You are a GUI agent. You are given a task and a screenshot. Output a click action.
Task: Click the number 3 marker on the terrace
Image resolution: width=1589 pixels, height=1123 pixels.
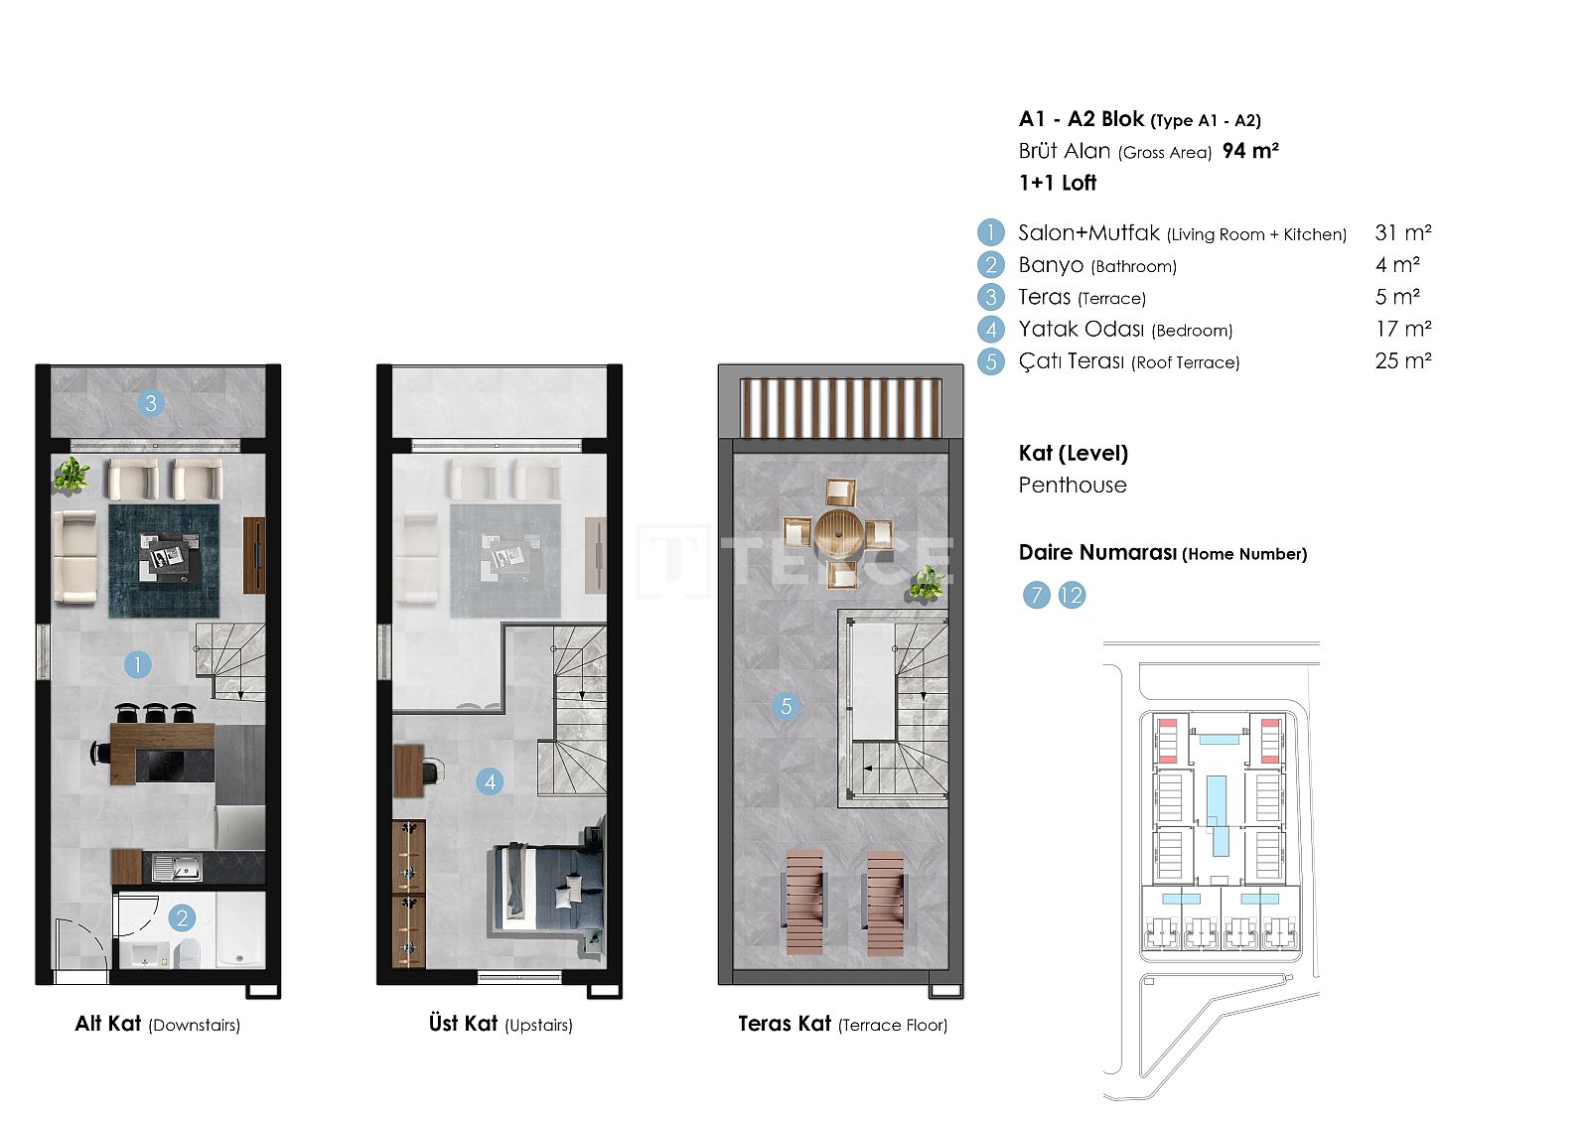coord(150,404)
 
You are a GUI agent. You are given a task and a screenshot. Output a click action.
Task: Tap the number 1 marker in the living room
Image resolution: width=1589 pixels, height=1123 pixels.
coord(138,665)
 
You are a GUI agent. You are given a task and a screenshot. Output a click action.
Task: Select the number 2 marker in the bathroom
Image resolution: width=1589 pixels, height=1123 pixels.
coord(183,918)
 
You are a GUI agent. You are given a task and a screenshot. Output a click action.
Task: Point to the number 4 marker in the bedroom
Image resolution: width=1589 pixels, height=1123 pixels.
coord(491,782)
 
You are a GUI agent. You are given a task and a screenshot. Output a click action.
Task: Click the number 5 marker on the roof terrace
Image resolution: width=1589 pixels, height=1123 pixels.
coord(786,706)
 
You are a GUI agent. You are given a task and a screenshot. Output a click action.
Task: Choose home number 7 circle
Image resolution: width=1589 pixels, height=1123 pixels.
coord(1037,595)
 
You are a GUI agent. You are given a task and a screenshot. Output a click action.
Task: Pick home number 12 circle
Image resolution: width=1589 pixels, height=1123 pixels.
coord(1072,595)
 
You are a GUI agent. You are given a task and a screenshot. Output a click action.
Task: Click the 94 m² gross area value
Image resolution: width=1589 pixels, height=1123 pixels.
coord(1250,150)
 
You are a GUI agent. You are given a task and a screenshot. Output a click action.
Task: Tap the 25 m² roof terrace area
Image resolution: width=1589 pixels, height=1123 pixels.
coord(1403,361)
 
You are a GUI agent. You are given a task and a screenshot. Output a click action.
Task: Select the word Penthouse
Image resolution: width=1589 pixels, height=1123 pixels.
coord(1073,486)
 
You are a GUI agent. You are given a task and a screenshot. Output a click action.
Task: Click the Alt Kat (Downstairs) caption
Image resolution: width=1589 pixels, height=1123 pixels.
coord(158,1024)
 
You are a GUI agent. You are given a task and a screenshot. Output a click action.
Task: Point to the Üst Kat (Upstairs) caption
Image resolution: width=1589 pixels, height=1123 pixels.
coord(501,1024)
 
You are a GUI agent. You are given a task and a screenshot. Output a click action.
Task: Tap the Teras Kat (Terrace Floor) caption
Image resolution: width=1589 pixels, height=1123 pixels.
coord(843,1024)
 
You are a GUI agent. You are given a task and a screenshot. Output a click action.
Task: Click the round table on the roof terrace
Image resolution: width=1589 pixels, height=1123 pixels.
coord(839,533)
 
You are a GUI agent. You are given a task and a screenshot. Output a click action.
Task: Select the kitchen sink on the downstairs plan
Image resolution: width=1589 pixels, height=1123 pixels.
coord(177,867)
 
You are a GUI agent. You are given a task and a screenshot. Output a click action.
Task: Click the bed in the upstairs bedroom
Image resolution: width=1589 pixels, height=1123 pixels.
coord(547,887)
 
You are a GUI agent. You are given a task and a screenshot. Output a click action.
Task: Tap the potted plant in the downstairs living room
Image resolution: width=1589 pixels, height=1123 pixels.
coord(72,475)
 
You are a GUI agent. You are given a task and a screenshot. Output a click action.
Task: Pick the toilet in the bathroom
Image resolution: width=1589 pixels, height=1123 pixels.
coord(188,953)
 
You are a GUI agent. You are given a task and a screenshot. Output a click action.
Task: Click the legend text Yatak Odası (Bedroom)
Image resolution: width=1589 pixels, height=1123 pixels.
coord(1126,330)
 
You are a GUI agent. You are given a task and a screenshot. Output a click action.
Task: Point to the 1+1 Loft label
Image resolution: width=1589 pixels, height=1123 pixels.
coord(1058,183)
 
